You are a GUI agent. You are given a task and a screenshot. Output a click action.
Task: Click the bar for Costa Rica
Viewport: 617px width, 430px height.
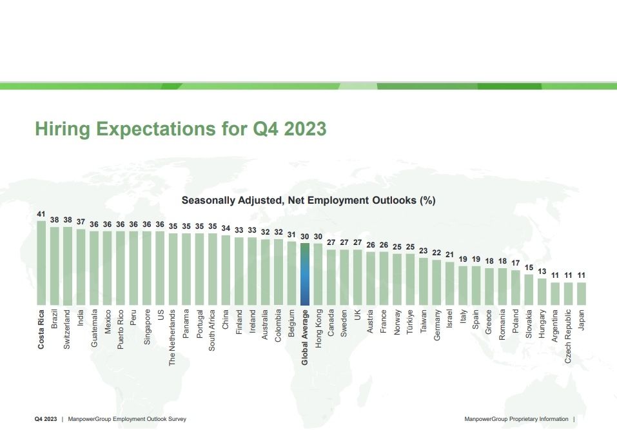tap(41, 263)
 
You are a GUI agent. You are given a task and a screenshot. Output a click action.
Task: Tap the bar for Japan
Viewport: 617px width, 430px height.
tap(582, 293)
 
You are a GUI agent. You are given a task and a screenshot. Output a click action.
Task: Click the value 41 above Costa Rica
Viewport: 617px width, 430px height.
tap(41, 215)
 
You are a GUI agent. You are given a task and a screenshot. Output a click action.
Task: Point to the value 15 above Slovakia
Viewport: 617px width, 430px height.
tap(529, 268)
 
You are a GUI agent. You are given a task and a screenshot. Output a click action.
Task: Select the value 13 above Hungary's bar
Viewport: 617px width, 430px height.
tap(542, 271)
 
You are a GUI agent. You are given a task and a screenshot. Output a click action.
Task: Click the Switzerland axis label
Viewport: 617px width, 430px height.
tap(68, 329)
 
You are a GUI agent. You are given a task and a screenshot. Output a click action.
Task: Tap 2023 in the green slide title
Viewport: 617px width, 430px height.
tap(303, 129)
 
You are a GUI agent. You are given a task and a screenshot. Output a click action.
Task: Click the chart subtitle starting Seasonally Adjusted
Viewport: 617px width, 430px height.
tap(308, 200)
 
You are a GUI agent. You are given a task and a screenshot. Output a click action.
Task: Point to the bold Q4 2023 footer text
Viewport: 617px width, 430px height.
tap(45, 419)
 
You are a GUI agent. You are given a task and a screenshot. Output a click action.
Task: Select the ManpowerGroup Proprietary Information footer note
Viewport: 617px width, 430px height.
tap(516, 419)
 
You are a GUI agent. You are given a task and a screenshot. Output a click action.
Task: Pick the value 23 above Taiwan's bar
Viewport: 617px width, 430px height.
tap(424, 251)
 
